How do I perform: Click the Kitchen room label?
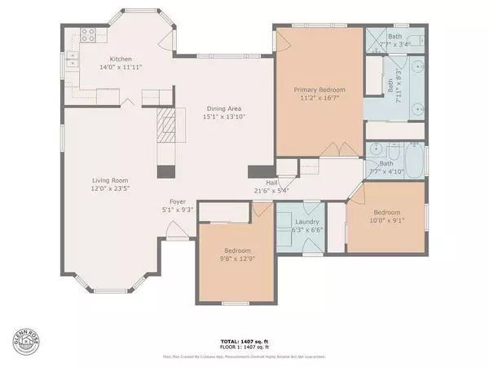[121, 60]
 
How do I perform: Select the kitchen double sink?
[72, 60]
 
